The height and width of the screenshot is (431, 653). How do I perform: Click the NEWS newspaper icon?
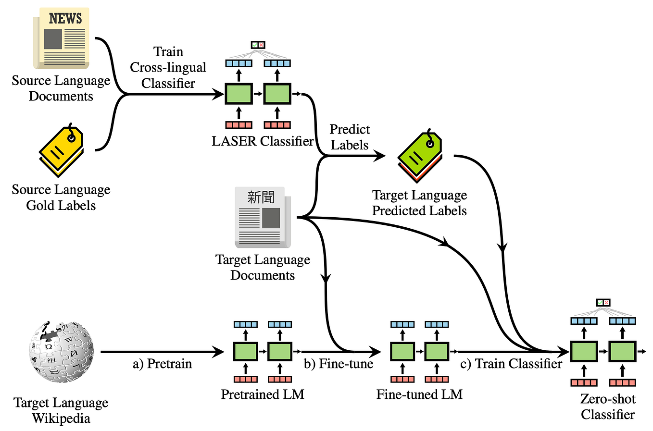pyautogui.click(x=62, y=38)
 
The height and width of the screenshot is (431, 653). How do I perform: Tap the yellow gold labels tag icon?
pyautogui.click(x=61, y=149)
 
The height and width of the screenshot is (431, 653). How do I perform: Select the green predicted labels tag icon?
pyautogui.click(x=420, y=156)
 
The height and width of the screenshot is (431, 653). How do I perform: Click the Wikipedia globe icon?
pyautogui.click(x=61, y=352)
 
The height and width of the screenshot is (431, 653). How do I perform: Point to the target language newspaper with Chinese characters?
pyautogui.click(x=263, y=217)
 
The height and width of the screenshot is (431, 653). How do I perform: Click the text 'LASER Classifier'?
pyautogui.click(x=263, y=141)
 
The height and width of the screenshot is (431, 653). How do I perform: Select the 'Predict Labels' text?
pyautogui.click(x=350, y=137)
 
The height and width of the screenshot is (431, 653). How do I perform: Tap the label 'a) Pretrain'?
pyautogui.click(x=162, y=364)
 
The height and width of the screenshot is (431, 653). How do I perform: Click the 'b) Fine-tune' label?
pyautogui.click(x=339, y=364)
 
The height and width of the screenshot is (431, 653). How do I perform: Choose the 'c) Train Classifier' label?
pyautogui.click(x=511, y=364)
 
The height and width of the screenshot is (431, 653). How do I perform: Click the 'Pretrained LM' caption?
pyautogui.click(x=263, y=394)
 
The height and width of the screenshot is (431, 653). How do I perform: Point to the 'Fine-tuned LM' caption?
pyautogui.click(x=419, y=394)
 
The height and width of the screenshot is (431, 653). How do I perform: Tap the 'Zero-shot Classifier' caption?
pyautogui.click(x=608, y=406)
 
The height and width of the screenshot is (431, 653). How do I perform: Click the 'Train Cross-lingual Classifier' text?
pyautogui.click(x=168, y=67)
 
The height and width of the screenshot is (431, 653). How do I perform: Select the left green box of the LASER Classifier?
pyautogui.click(x=239, y=94)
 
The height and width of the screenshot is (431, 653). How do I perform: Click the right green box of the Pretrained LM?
pyautogui.click(x=280, y=352)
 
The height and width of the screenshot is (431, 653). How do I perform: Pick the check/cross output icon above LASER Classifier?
pyautogui.click(x=258, y=45)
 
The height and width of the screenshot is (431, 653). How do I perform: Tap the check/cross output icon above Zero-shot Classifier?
pyautogui.click(x=603, y=303)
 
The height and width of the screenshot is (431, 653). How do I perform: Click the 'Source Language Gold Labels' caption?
pyautogui.click(x=61, y=197)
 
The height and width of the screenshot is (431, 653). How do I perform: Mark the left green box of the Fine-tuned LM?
pyautogui.click(x=402, y=352)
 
